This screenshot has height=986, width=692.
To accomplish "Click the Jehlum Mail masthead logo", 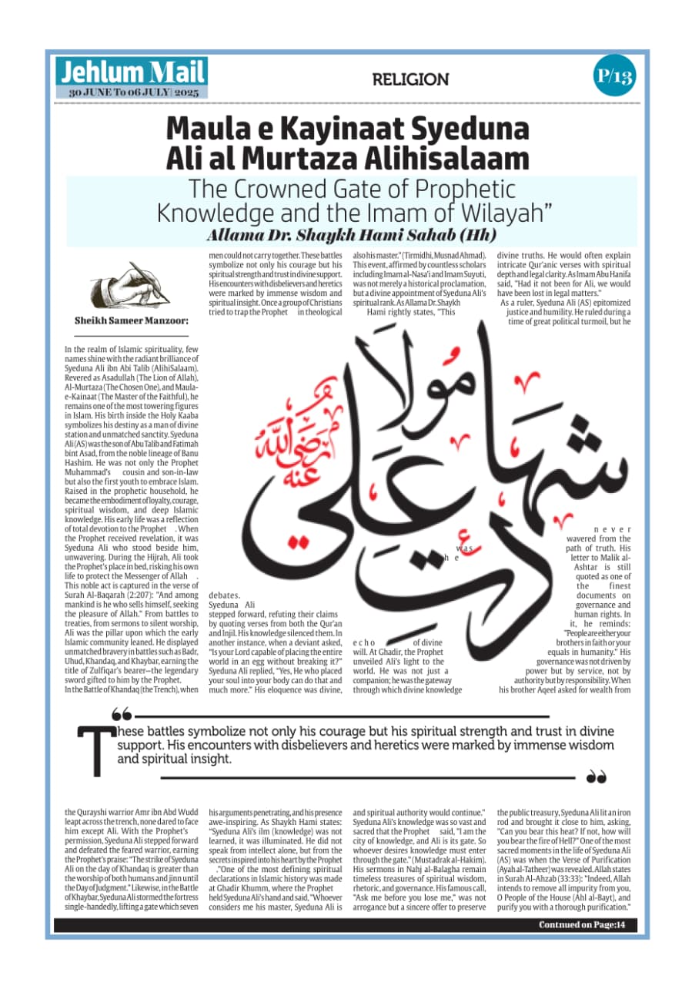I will click(x=132, y=72).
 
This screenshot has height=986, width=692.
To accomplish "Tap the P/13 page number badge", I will click(x=614, y=75).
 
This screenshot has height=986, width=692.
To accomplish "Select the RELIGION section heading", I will click(x=410, y=79).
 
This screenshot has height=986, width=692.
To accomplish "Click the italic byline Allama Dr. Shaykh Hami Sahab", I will click(x=351, y=234).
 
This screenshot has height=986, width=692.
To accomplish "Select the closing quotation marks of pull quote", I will click(x=596, y=779).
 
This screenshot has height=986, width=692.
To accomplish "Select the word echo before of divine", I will click(x=364, y=642).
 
